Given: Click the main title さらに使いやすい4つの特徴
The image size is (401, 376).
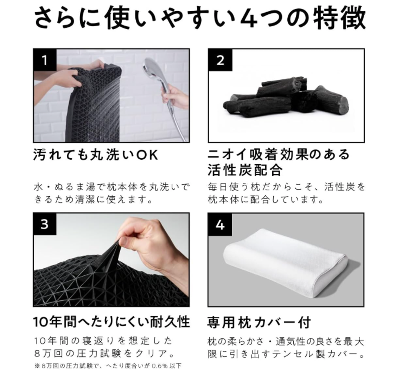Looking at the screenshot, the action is (x=200, y=18).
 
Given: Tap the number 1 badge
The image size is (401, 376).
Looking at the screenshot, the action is (x=45, y=60).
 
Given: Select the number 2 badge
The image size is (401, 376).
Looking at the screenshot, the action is (x=220, y=60).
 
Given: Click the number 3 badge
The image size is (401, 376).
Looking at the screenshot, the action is (x=45, y=224).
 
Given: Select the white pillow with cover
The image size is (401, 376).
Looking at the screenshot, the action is (x=285, y=262).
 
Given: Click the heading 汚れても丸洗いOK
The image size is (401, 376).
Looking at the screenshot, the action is (x=96, y=155).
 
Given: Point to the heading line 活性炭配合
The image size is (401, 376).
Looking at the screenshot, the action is (x=245, y=170).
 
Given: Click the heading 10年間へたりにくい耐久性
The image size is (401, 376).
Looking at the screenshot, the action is (x=112, y=322).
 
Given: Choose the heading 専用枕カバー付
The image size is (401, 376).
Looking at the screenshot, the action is (x=259, y=322).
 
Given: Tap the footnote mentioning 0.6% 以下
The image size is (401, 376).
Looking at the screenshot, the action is (x=108, y=366).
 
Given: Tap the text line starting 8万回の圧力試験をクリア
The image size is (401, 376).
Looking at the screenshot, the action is (x=104, y=354).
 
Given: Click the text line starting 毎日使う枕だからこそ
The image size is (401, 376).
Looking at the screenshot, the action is (x=287, y=187).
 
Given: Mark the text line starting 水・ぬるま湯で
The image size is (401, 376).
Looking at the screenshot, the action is (x=112, y=187).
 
